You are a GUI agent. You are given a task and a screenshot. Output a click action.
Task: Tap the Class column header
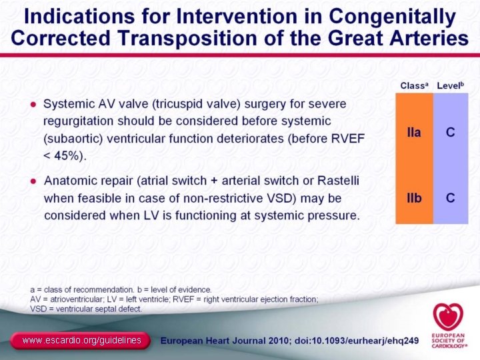tap(413, 85)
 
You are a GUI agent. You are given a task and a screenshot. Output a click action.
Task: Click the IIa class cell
tap(413, 133)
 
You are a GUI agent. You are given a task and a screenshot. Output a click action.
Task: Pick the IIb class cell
tap(413, 198)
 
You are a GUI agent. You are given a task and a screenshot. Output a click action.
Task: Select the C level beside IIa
tap(451, 133)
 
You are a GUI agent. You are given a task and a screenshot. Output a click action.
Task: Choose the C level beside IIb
tap(451, 198)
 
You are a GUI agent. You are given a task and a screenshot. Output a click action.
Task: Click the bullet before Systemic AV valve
tap(33, 105)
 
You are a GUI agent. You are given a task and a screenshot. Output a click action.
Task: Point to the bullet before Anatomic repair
tap(33, 181)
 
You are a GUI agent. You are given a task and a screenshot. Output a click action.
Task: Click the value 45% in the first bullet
tap(68, 155)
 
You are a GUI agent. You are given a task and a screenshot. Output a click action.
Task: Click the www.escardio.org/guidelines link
tap(81, 341)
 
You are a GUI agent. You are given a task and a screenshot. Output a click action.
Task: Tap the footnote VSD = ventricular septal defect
tap(86, 309)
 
